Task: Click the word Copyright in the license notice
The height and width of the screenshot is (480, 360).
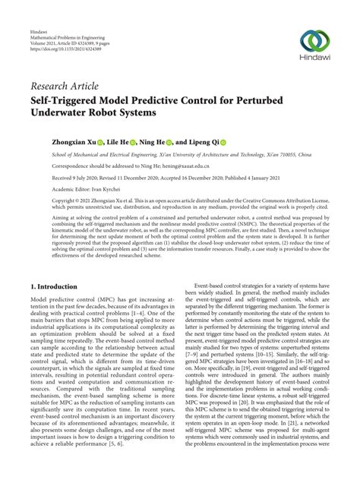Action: [x=45, y=202]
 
